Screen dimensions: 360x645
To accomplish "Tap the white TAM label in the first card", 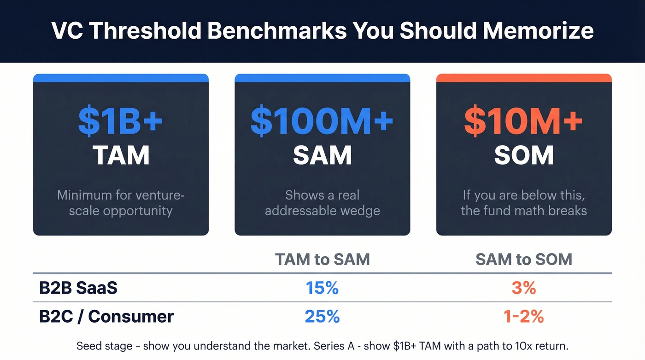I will tap(121, 155).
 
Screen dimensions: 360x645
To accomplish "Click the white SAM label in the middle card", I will tap(322, 155).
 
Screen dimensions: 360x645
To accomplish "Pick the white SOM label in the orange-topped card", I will tap(524, 155).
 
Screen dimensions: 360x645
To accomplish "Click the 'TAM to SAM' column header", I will tap(322, 260).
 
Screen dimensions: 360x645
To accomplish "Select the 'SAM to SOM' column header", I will tap(524, 260).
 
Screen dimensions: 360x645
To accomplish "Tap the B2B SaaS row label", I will tap(78, 288).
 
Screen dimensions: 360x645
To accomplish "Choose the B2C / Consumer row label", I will tap(106, 317).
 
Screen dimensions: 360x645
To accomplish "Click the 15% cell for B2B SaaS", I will tap(322, 288).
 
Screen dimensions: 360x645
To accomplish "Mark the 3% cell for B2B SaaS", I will tap(524, 288).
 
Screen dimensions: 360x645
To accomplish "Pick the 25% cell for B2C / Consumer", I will tap(322, 317).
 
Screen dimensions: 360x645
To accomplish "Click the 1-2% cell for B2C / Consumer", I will tap(524, 317).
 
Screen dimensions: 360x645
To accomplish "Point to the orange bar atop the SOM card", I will tap(524, 78).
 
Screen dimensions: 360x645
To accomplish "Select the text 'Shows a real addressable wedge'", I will tap(322, 203).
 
